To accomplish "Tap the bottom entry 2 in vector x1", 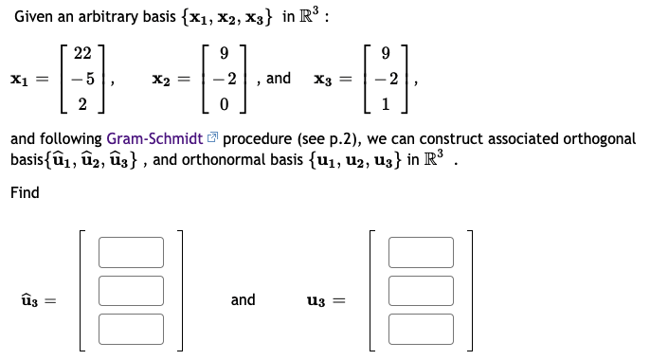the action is (x=82, y=102).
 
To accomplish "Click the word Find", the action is (x=25, y=192).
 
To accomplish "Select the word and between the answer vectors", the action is (x=244, y=299).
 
